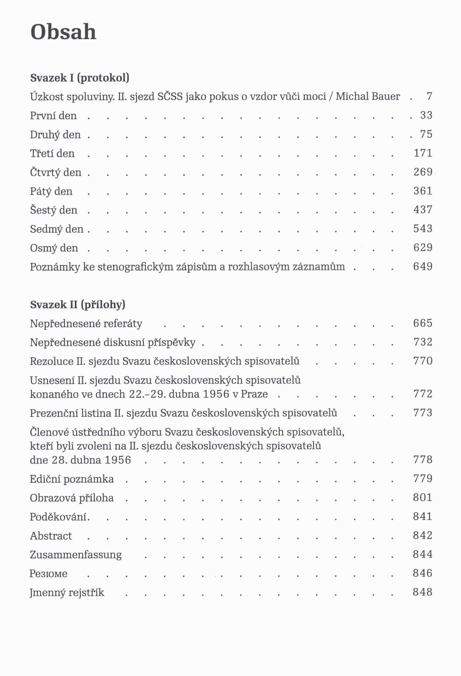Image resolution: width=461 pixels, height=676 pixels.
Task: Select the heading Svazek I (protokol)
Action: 80,78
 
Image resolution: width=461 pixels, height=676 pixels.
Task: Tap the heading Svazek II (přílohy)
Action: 78,304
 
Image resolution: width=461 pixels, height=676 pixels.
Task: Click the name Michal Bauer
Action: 368,96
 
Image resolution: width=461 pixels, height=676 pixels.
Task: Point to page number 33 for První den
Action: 427,115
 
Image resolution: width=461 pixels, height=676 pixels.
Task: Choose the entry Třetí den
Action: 52,153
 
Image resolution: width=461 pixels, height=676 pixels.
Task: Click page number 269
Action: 423,172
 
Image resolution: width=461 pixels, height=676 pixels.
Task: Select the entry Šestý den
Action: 54,210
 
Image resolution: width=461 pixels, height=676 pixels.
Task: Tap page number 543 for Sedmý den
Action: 423,229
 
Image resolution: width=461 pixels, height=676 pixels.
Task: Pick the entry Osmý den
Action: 54,248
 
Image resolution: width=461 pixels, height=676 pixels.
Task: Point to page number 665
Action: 423,323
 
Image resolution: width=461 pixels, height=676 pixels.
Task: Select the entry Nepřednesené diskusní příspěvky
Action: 113,342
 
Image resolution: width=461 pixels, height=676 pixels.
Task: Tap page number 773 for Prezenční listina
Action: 423,413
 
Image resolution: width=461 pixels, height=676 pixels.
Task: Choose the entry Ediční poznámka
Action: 72,479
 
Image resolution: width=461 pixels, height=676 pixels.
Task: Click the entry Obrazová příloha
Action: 72,498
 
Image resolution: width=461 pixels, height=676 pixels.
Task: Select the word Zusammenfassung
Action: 76,555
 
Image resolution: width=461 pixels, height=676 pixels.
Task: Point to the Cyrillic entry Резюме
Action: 49,574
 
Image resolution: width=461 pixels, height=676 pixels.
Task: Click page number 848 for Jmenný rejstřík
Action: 423,592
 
